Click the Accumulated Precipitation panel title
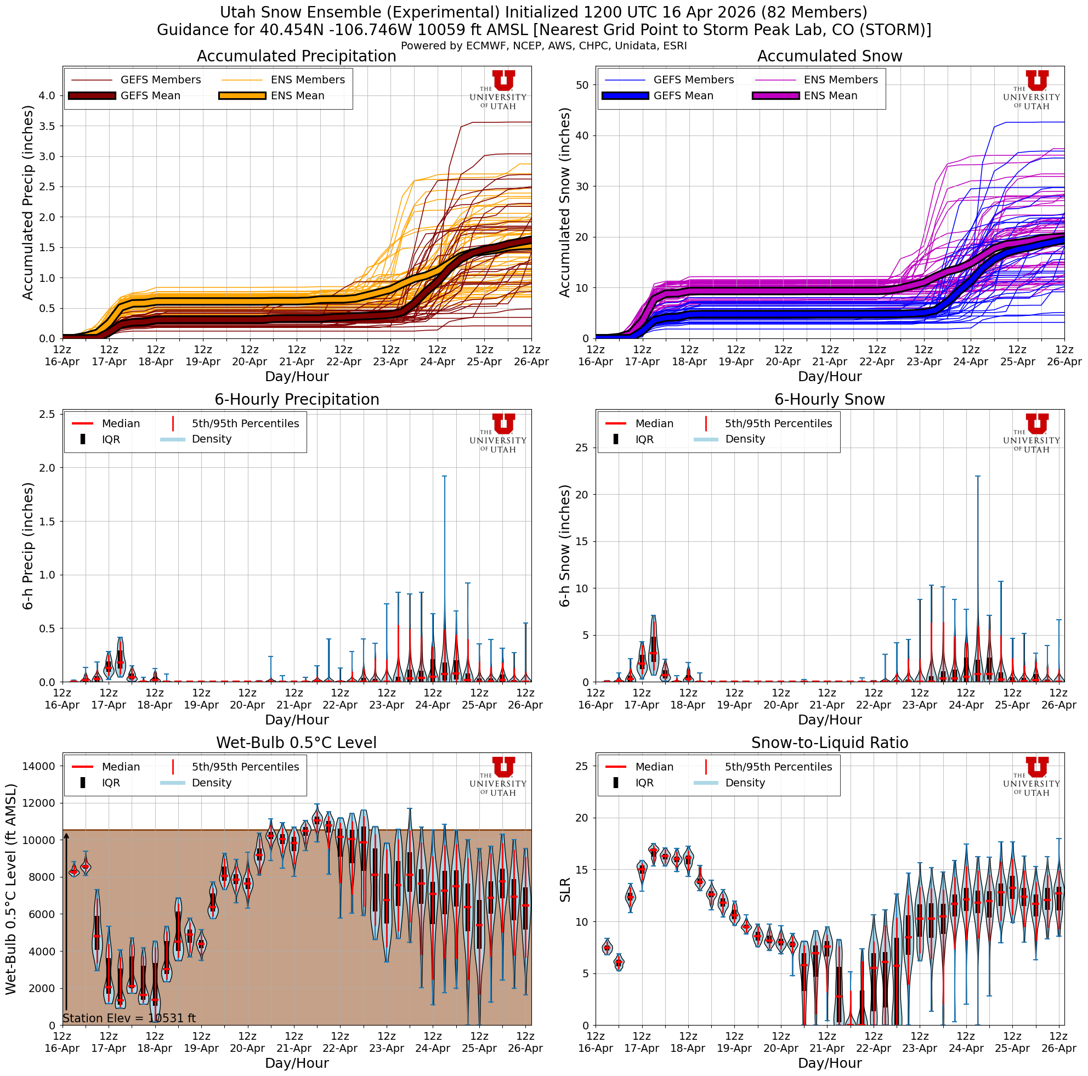(x=296, y=56)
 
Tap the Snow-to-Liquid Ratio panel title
(x=830, y=743)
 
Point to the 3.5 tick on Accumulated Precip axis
(x=48, y=126)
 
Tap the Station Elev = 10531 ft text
(x=129, y=1018)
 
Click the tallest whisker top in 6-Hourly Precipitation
(x=444, y=477)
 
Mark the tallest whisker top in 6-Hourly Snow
(x=978, y=477)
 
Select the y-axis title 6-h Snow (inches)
(x=565, y=546)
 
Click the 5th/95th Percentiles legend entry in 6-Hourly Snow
(x=778, y=423)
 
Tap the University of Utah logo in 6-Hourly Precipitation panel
(x=499, y=432)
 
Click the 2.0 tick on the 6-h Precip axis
(x=48, y=468)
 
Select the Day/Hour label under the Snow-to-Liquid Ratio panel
(x=830, y=1062)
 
